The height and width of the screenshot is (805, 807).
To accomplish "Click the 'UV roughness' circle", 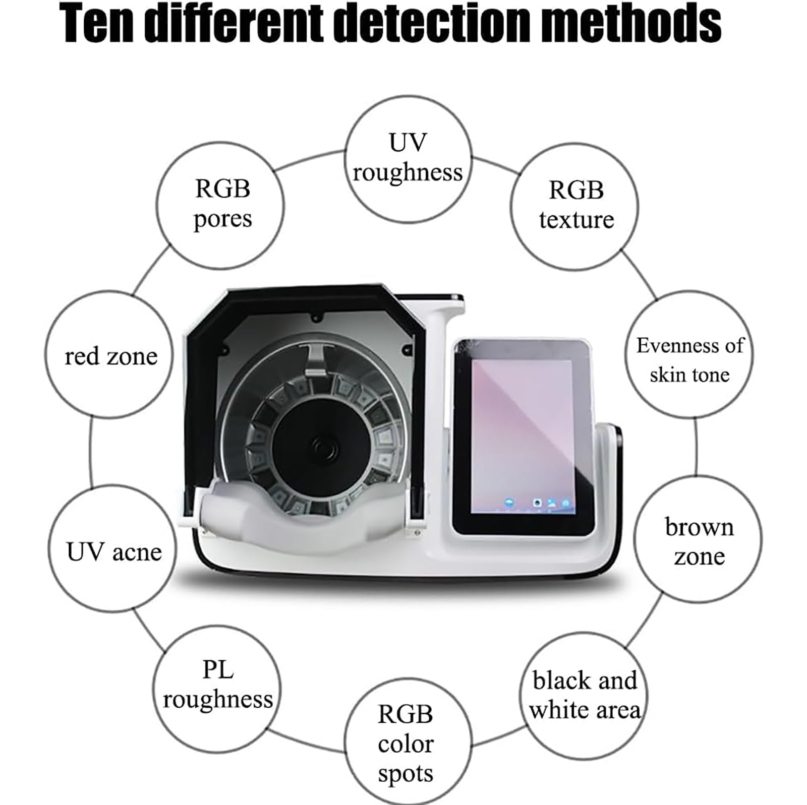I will point(408,159).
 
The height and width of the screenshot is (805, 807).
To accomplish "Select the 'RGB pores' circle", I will point(220,205).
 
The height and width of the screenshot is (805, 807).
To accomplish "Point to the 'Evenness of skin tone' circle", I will point(689,354).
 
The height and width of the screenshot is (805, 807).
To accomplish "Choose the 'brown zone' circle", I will point(698,540).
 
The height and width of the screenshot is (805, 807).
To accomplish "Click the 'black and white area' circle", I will point(584,696).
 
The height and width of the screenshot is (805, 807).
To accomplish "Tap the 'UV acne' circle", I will point(112,549).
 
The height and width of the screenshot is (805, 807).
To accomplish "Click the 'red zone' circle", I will point(109,354).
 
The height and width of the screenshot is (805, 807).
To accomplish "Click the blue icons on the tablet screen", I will point(537,503).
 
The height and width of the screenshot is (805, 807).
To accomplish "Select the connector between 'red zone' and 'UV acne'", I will point(91,451).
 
